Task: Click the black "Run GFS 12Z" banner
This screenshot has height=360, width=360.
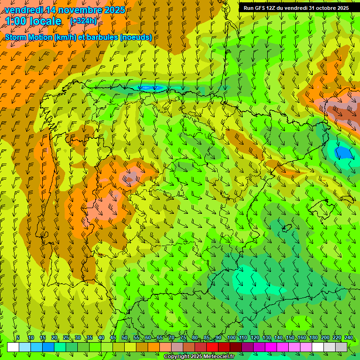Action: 296,8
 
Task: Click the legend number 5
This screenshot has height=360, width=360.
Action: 18,338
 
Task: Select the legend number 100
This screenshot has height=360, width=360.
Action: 232,338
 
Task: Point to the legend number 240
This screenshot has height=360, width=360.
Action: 349,338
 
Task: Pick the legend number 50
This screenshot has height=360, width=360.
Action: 125,338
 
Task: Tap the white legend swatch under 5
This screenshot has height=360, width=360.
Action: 13,347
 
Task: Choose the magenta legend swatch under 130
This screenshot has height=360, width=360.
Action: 271,347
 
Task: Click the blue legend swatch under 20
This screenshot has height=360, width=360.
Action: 48,347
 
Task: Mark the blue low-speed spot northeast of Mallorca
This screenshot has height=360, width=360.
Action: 344,153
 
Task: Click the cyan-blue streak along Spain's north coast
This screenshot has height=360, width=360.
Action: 151,87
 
